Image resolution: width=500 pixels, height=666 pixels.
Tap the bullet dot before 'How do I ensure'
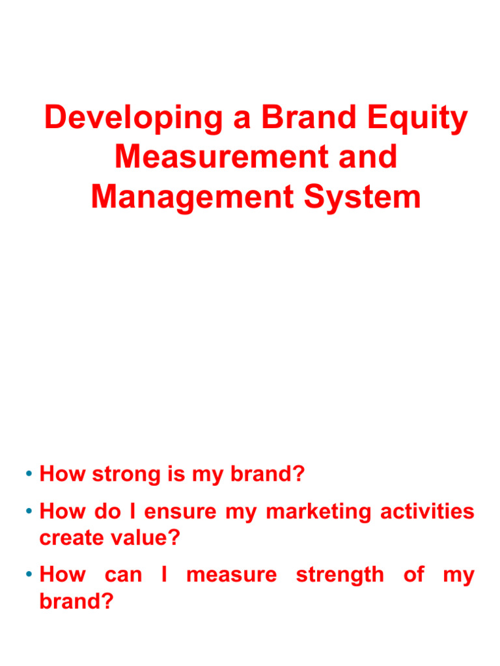(30, 512)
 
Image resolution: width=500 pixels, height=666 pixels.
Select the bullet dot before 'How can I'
(30, 575)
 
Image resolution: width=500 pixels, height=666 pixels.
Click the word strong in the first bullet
(129, 475)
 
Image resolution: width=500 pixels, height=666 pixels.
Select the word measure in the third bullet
(231, 575)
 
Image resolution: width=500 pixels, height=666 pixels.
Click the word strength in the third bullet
(340, 575)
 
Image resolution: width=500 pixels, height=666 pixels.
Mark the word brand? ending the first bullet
(268, 475)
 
